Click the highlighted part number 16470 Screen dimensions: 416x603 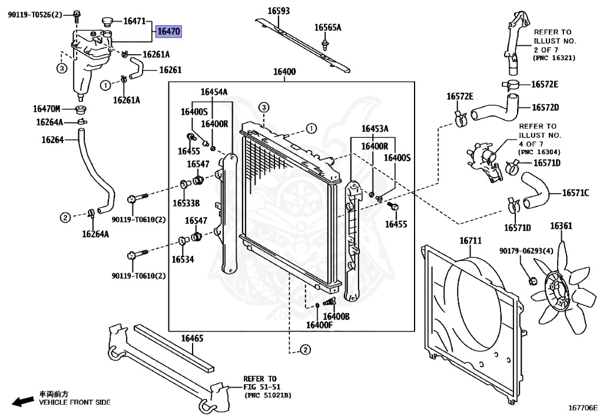pos(168,32)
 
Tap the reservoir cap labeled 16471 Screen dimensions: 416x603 pos(106,22)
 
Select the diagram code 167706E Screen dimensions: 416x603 pos(582,407)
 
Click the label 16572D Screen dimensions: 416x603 pos(545,107)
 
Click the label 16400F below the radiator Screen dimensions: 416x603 pos(320,325)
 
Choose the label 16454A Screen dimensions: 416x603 pos(214,91)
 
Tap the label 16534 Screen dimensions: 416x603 pos(183,259)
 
